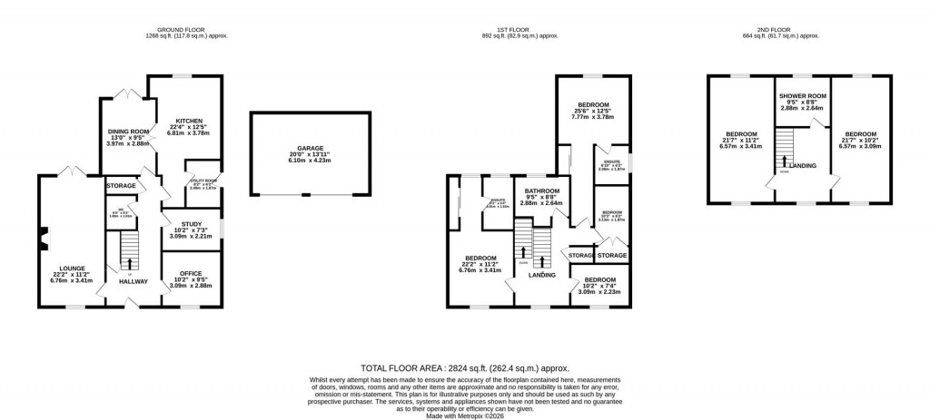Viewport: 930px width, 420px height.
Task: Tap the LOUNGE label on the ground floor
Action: coord(73,269)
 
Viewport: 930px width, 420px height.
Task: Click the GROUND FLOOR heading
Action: coord(186,28)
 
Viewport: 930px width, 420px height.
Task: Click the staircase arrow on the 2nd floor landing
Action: coord(783,161)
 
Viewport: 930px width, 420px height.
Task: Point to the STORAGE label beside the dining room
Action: coord(120,185)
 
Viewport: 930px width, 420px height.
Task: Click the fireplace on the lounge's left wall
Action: coord(42,240)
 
